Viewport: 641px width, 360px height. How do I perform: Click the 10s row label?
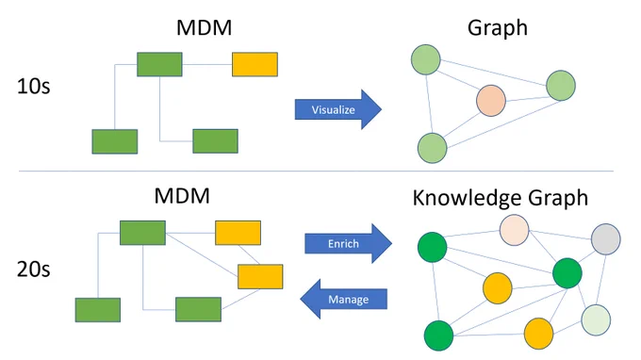34,86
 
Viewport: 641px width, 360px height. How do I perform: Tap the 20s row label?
34,270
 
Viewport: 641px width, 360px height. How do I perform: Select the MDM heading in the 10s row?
204,27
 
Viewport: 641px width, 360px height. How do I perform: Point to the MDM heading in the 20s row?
182,196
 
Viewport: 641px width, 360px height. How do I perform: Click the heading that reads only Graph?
498,28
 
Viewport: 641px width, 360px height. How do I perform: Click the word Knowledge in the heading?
467,198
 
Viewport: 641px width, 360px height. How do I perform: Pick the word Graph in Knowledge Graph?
558,198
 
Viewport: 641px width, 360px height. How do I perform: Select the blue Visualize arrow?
338,109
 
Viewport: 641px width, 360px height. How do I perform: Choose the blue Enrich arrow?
348,243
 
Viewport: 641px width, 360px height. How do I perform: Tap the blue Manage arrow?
343,299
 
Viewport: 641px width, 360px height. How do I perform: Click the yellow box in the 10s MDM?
255,64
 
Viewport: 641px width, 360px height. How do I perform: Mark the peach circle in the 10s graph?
491,101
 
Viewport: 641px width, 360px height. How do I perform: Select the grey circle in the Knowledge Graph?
606,239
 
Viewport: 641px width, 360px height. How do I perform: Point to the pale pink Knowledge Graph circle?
515,230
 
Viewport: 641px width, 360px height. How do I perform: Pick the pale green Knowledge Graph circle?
596,320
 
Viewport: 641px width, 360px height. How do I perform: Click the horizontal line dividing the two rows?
316,172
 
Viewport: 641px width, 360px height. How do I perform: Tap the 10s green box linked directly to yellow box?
159,64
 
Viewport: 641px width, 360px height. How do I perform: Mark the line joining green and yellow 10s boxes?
207,64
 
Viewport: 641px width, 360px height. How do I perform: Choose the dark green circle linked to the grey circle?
567,273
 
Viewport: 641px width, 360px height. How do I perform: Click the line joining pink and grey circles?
560,235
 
